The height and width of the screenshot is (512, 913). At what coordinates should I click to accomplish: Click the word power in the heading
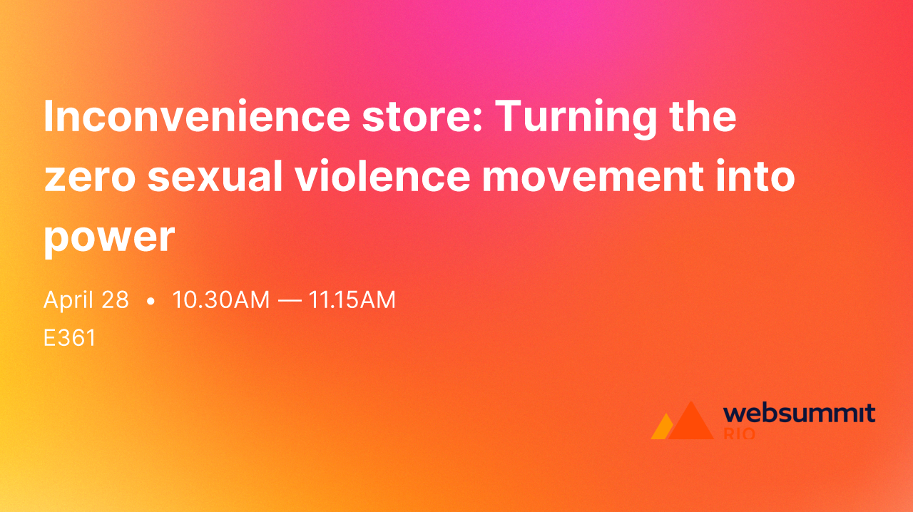point(109,237)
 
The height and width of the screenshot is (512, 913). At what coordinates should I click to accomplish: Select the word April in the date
point(68,300)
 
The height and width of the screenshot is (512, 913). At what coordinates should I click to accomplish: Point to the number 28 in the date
point(115,300)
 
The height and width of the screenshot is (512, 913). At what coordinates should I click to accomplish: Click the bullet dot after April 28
point(150,302)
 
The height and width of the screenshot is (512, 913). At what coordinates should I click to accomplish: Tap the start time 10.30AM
point(220,300)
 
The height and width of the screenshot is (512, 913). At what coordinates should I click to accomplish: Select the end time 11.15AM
point(352,300)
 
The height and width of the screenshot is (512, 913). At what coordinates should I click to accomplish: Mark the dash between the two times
point(289,301)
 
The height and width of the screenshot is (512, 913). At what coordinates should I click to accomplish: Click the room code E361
point(69,338)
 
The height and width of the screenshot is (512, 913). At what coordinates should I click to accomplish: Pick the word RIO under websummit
point(739,433)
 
